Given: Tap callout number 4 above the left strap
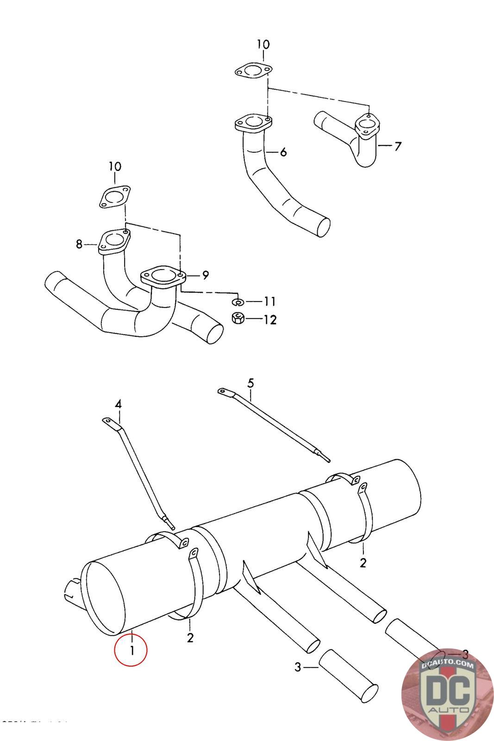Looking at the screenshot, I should pos(118,404).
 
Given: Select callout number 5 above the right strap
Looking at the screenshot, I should pos(250,383).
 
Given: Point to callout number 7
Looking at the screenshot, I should pos(398,146).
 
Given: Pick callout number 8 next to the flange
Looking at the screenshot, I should pos(79,244).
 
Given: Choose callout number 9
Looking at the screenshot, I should pos(205,275).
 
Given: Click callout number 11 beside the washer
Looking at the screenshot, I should pos(269,301).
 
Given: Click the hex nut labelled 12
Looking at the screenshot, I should pos(238,319).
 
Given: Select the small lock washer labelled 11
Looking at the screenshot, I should pos(238,302).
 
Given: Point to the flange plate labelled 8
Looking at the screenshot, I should pos(113,242).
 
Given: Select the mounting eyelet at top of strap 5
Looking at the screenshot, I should pos(224,392).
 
